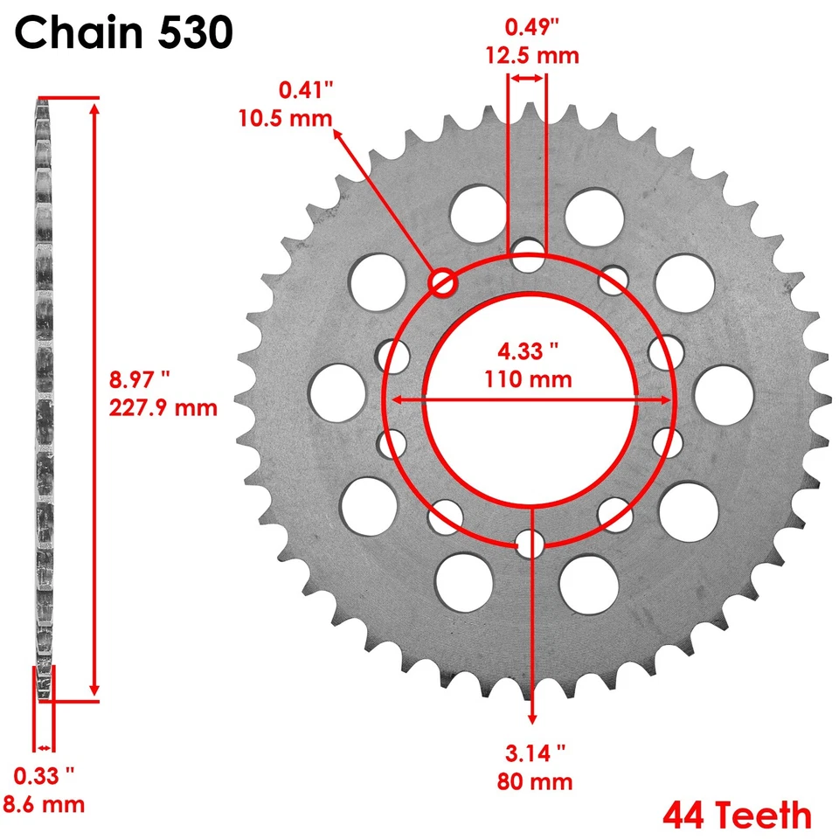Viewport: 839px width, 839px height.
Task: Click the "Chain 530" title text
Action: click(124, 34)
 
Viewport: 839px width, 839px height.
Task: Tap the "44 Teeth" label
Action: click(737, 815)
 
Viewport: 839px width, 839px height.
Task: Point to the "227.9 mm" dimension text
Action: click(163, 407)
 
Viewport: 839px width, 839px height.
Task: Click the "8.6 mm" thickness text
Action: click(49, 804)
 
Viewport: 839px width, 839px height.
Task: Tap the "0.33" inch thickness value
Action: click(44, 774)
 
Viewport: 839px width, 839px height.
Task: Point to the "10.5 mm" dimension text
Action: click(285, 118)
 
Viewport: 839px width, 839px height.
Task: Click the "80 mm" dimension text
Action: click(536, 780)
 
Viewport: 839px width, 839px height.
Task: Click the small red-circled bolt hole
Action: click(442, 281)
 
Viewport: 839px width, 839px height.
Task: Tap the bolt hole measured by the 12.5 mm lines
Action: click(528, 256)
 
